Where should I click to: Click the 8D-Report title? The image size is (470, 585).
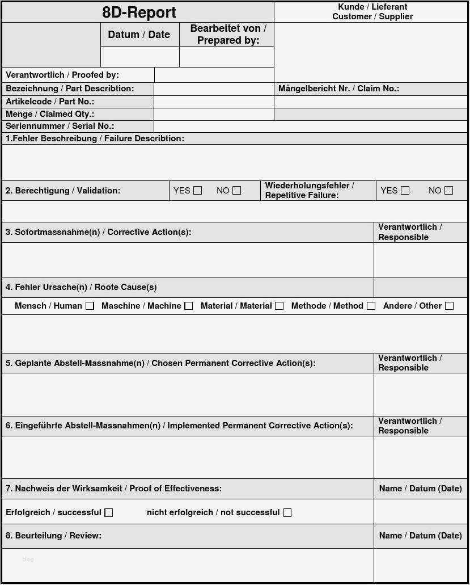[x=139, y=12]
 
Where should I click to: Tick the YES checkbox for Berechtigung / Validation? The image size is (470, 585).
[x=197, y=191]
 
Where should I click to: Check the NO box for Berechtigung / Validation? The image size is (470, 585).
[x=236, y=191]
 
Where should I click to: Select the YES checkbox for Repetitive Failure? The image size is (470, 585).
[x=405, y=191]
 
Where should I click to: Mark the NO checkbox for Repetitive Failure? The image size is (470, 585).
[x=448, y=191]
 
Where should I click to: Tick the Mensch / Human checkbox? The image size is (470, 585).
[x=90, y=306]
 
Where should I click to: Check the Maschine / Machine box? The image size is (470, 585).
[x=189, y=306]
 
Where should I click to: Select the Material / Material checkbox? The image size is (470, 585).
[x=279, y=306]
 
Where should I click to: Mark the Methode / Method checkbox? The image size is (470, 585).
[x=371, y=306]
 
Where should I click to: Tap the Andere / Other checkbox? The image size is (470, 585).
[x=449, y=306]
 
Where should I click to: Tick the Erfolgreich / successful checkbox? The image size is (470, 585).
[x=109, y=512]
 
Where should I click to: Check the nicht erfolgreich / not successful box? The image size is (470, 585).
[x=287, y=512]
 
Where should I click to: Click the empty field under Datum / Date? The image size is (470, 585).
[x=140, y=57]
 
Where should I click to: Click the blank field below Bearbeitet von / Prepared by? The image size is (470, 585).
[x=226, y=57]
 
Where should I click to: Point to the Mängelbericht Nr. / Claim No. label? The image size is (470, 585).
[x=338, y=89]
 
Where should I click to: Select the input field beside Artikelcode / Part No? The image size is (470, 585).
[x=214, y=102]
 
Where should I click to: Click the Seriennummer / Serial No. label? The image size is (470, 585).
[x=60, y=126]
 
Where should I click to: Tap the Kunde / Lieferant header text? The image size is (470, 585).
[x=372, y=7]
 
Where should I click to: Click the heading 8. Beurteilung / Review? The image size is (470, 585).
[x=53, y=536]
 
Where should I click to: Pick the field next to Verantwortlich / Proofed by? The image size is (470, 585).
[x=214, y=75]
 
